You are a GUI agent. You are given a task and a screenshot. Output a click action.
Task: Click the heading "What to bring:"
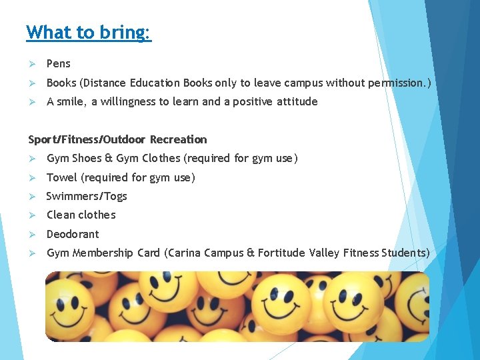coord(89,32)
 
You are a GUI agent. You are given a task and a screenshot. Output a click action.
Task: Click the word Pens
coord(58,64)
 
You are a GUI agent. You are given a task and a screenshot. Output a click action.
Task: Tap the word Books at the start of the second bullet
coord(61,83)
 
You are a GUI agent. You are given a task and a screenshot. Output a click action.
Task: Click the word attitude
coord(294,102)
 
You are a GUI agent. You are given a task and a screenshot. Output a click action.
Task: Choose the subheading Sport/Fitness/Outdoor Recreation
coord(117,139)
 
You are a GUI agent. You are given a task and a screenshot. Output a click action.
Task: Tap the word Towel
coord(62,177)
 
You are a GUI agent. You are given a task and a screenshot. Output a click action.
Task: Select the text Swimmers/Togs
coord(86,196)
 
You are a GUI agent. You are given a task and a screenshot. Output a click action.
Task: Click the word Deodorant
coord(73,234)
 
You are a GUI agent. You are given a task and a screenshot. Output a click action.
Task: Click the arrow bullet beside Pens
coord(31,64)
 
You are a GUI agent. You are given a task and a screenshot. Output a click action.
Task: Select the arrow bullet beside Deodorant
coord(31,234)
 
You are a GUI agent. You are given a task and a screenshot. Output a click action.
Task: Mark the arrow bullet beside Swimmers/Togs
coord(31,196)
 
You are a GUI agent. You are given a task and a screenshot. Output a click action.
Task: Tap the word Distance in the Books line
coord(102,83)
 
